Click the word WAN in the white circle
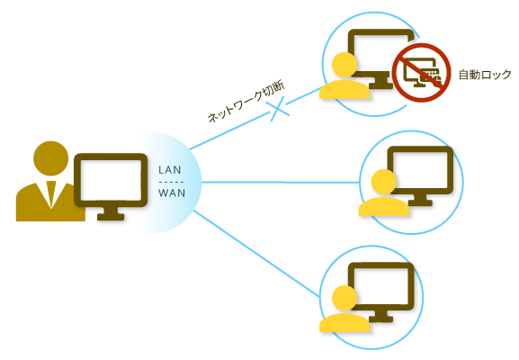coord(171,193)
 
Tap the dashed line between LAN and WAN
coord(171,181)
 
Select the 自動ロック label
coord(485,75)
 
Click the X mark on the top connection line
coord(281,110)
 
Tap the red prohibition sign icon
coord(420,69)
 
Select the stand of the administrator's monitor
coord(111,213)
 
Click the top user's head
coord(344,65)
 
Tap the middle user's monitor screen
coord(420,168)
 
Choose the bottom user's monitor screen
coord(382,285)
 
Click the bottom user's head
coord(343,299)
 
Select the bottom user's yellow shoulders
coord(344,322)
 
